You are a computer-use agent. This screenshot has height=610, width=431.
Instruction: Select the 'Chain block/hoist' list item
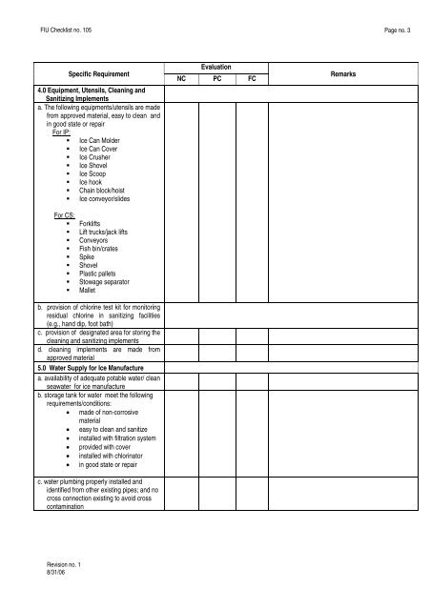click(108, 191)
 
